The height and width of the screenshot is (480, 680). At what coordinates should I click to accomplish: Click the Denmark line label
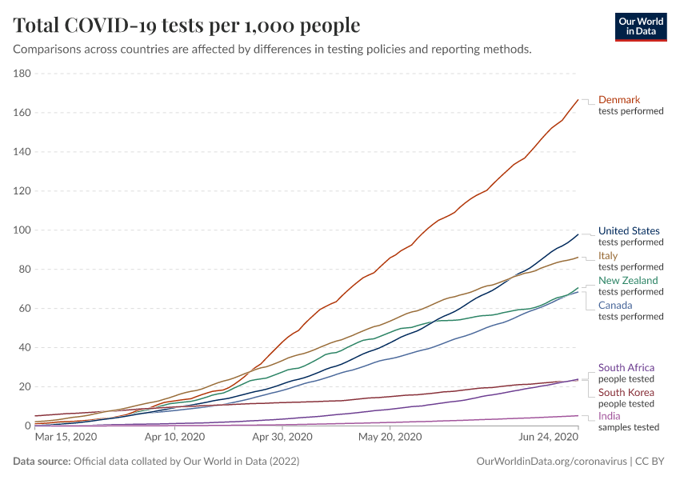tap(619, 100)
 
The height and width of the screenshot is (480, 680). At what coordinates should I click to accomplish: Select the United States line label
tap(629, 231)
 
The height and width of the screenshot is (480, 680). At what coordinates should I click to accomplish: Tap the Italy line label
tap(609, 256)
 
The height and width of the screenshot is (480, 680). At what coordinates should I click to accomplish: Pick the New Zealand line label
tap(628, 281)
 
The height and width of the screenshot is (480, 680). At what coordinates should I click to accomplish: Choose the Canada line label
tap(615, 306)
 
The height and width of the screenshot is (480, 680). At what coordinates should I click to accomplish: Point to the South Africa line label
tap(626, 368)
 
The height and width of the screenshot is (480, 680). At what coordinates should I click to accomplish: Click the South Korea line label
tap(626, 393)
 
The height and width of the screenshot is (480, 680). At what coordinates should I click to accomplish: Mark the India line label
tap(609, 417)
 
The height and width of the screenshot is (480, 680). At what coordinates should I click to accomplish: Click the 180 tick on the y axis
tap(22, 74)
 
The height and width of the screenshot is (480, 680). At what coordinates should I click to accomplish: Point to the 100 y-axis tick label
tap(22, 230)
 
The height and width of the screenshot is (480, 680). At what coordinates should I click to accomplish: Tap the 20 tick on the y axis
tap(24, 386)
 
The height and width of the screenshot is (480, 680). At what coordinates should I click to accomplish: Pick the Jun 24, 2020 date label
tap(549, 438)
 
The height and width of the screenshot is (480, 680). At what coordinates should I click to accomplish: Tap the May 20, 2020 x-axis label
tap(390, 438)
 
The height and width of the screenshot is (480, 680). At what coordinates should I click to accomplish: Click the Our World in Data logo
tap(641, 26)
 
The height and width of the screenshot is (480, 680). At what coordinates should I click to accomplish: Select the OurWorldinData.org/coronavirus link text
tap(550, 462)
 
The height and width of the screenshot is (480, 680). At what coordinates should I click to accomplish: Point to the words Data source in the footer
tap(41, 462)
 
